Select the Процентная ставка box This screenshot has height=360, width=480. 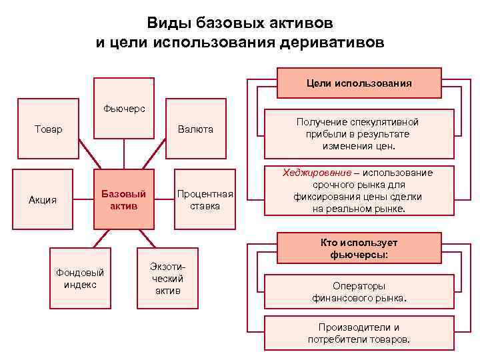pos(205,199)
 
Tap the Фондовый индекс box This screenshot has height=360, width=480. pos(80,279)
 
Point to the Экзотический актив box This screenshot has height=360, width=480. pos(167,279)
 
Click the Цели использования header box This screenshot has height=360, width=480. pos(359,83)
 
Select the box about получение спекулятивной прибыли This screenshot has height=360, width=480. pos(358,133)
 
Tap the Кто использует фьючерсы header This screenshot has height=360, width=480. pos(359,248)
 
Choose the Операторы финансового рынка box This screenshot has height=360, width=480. pos(359,292)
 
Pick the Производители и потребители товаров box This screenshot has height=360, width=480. pos(359,333)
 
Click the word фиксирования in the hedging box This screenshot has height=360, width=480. pos(324,197)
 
